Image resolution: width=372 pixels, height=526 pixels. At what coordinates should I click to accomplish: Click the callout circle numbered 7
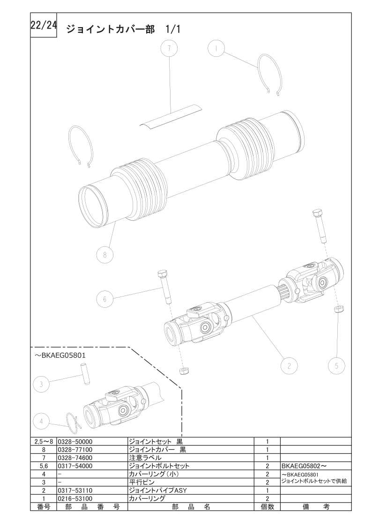[170, 48]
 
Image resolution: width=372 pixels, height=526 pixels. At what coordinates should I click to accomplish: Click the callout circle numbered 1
[216, 48]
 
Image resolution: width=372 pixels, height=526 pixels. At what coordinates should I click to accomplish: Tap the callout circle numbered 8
[105, 255]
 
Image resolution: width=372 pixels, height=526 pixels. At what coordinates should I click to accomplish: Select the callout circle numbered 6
[105, 298]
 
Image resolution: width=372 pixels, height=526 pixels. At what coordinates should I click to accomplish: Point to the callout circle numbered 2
[289, 365]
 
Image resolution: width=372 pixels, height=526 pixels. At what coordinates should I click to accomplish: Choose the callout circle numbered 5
[337, 365]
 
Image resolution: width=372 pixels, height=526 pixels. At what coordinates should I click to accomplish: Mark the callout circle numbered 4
[42, 422]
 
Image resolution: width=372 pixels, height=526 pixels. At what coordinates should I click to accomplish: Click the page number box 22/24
[44, 26]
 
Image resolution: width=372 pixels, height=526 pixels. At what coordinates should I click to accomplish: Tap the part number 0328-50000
[75, 442]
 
